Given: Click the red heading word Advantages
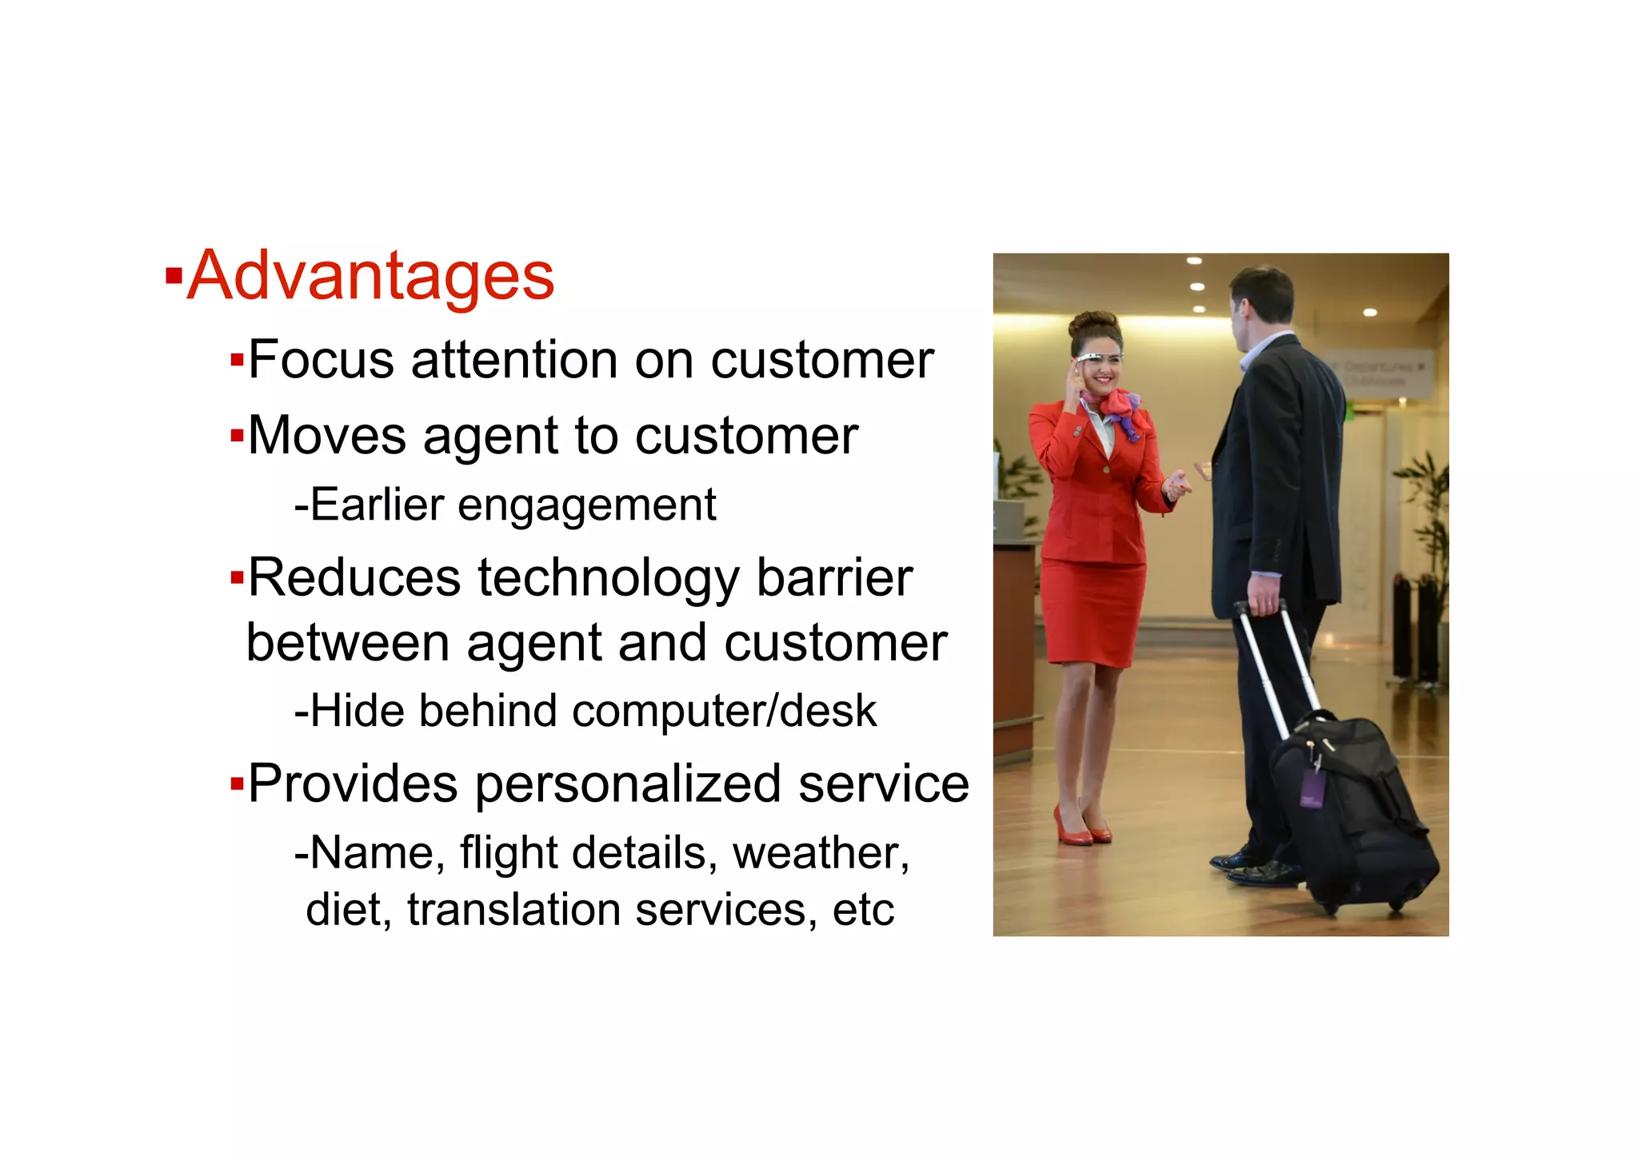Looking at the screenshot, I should click(x=370, y=276).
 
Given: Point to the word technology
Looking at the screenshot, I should click(x=609, y=578).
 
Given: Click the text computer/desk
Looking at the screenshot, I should click(x=725, y=711).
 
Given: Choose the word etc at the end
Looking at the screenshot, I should click(x=863, y=910).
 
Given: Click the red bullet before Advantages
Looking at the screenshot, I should click(x=173, y=277).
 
